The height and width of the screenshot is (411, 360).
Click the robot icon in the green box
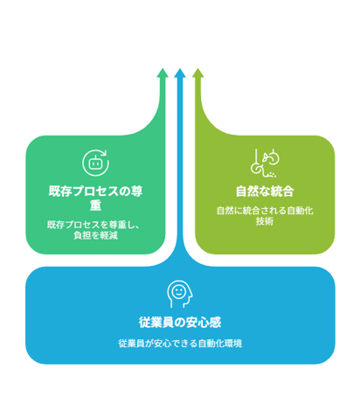click(95, 163)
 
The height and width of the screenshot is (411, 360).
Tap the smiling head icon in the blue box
click(180, 294)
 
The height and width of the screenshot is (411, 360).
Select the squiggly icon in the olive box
click(265, 163)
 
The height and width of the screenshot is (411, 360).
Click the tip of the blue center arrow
click(180, 68)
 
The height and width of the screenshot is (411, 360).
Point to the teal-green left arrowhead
click(163, 73)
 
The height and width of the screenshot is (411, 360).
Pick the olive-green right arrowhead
click(198, 73)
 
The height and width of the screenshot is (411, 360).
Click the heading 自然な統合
click(265, 192)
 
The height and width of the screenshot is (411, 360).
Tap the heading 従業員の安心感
click(180, 323)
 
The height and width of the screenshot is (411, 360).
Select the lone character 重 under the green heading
click(95, 205)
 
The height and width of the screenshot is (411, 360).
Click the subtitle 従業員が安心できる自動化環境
click(180, 344)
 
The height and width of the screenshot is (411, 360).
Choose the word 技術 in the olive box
click(265, 221)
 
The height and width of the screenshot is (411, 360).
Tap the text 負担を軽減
click(95, 235)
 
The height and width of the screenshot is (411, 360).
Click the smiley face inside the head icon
click(178, 291)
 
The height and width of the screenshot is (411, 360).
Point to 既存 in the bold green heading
click(60, 192)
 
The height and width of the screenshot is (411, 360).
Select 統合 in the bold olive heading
click(282, 192)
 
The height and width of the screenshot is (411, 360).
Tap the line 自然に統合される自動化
click(265, 211)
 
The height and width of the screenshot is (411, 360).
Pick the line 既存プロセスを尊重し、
click(93, 225)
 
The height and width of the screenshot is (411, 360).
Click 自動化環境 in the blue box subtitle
click(220, 344)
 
